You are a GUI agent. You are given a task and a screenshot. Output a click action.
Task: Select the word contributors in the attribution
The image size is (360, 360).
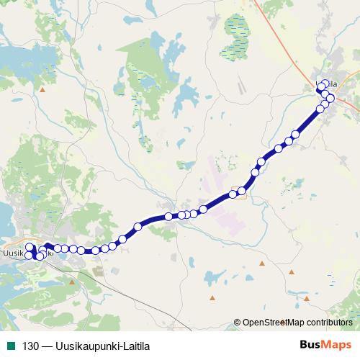(328, 322)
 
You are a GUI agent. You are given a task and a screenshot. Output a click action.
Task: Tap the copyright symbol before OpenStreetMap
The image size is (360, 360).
(238, 322)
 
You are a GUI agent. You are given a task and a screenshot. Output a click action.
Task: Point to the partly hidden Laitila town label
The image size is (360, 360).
(332, 85)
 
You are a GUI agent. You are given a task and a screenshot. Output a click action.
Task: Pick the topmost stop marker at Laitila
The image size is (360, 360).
(325, 84)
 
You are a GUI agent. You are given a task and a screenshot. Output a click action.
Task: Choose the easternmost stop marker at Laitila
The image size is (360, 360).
(330, 98)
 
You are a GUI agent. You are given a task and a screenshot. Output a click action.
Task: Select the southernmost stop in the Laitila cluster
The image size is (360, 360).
(320, 109)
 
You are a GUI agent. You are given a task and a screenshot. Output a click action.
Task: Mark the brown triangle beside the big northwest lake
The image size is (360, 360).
(42, 90)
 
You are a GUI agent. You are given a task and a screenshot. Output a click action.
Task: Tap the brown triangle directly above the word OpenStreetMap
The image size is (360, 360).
(262, 263)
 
